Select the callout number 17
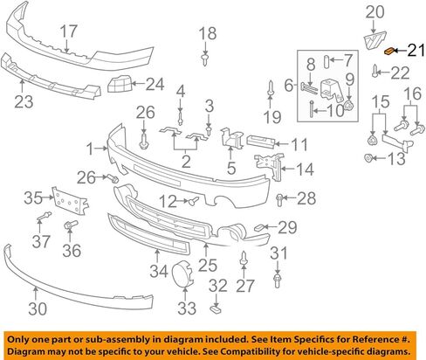click(69, 31)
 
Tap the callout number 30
click(38, 308)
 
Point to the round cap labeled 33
click(182, 273)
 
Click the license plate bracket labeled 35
click(70, 201)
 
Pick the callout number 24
click(155, 84)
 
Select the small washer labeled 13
click(368, 158)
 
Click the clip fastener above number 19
click(271, 87)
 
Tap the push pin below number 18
click(205, 59)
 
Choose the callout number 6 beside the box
click(289, 86)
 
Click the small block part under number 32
click(216, 309)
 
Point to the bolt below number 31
click(278, 280)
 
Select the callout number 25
click(208, 266)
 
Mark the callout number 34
click(159, 272)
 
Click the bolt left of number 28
click(279, 200)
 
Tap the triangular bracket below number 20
click(374, 41)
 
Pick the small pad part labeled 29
click(259, 227)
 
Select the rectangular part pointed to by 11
click(260, 142)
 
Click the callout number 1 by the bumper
click(90, 149)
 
